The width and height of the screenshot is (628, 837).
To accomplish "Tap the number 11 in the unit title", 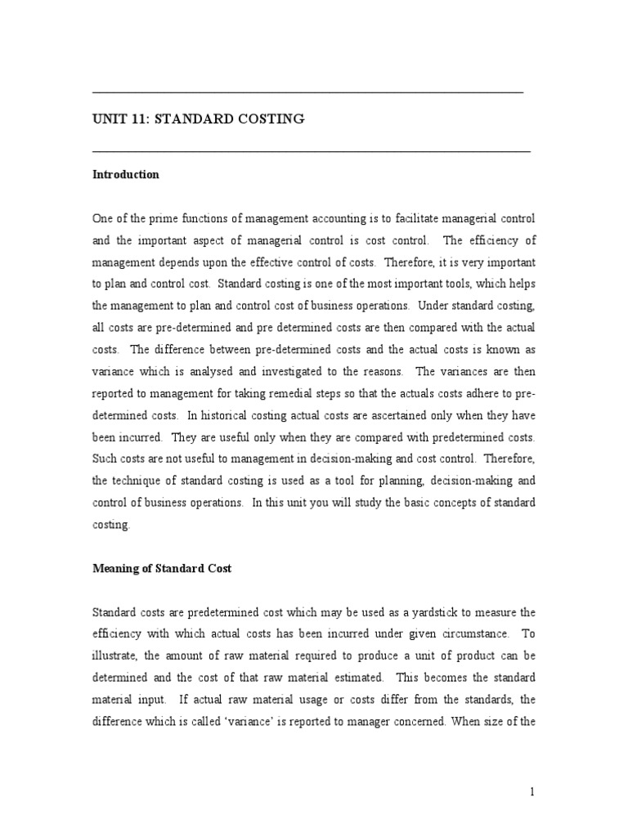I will pos(135,120).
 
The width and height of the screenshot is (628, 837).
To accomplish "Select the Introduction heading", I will pos(126,175).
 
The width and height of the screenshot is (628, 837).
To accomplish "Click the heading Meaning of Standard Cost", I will pos(162,569).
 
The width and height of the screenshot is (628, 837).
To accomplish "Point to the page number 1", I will pos(532,791).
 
